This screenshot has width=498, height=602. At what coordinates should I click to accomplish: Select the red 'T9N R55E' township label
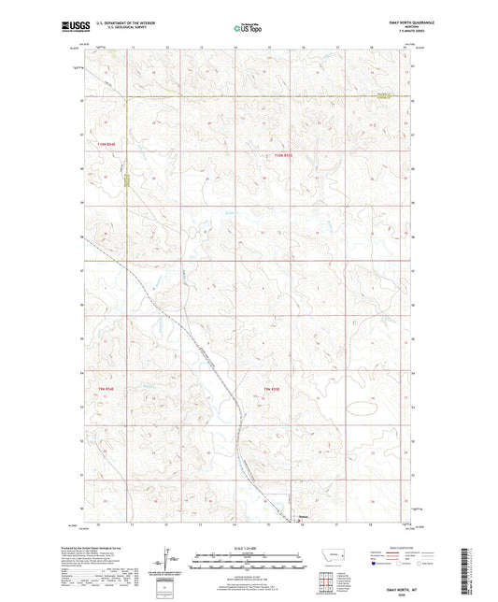pos(272,389)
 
